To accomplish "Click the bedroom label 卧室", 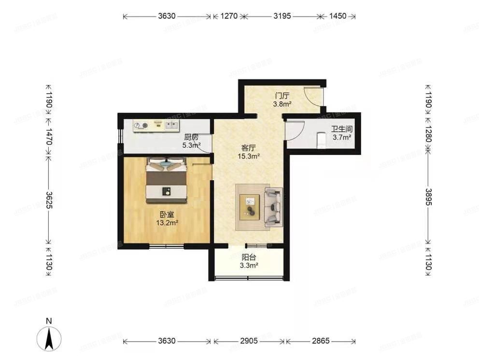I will pos(167,215).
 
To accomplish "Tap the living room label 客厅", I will pos(248,148).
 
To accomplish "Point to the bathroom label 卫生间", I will pos(341,130).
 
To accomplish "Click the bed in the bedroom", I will pos(167,181).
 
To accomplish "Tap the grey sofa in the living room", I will pos(273,207).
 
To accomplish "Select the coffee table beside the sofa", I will pos(251,207).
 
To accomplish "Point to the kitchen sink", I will pos(170,125).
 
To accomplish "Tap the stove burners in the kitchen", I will pos(141,125).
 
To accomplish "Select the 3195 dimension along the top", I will pos(282,16).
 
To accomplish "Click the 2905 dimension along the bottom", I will pos(249,341).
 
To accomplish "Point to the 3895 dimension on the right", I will pos(428,197).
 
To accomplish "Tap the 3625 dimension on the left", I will pos(48,199).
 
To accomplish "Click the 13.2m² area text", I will pos(167,223).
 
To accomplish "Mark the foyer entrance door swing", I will pos(312,96).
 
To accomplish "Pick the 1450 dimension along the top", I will pos(338,16).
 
